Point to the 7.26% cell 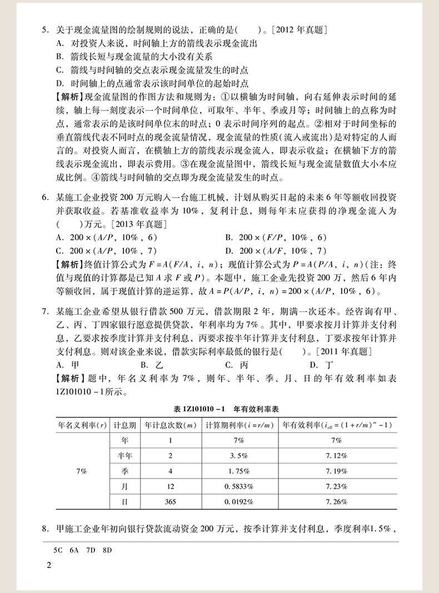tap(337, 501)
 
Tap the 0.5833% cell tap(240, 486)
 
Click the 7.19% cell tap(337, 471)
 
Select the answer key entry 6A tap(74, 551)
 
